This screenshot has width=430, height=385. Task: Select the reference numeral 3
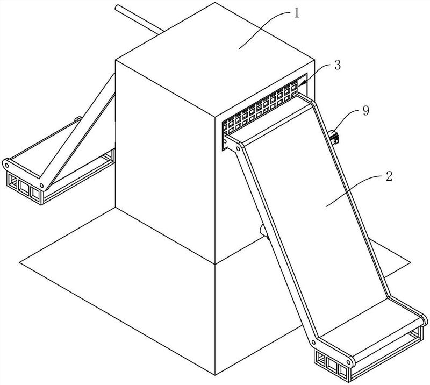coord(336,65)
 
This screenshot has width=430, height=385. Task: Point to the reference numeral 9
coord(366,111)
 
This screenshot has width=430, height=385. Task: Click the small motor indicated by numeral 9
coord(334,136)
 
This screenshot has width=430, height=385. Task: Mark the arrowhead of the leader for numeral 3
coord(302,82)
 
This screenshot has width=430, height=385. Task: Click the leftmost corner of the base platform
coord(20,261)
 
